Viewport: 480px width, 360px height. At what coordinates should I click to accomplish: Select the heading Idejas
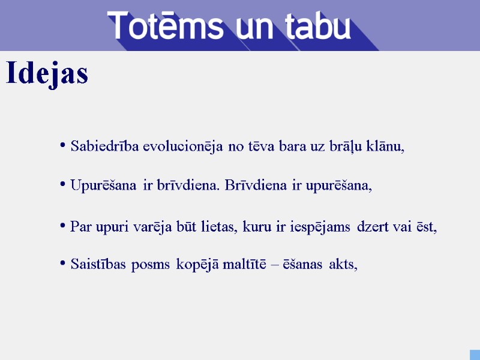tap(47, 74)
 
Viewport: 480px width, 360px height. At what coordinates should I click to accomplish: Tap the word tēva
tap(261, 146)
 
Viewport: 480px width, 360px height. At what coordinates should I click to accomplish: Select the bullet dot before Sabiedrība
tap(63, 145)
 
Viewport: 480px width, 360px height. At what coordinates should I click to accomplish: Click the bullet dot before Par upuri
tap(63, 226)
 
